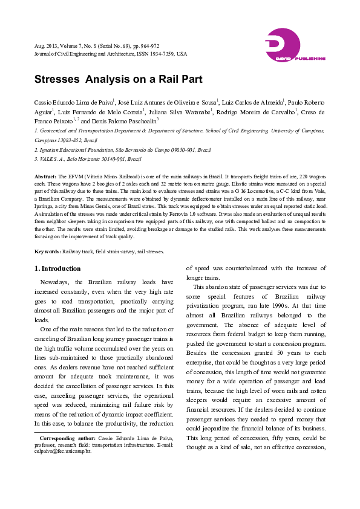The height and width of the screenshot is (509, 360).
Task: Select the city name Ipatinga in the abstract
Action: click(x=45, y=204)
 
